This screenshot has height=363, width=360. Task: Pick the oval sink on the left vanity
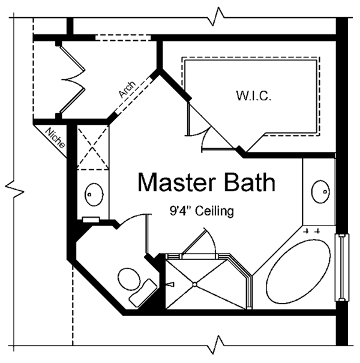(x=93, y=193)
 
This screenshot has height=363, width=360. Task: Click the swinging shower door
(x=198, y=244)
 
